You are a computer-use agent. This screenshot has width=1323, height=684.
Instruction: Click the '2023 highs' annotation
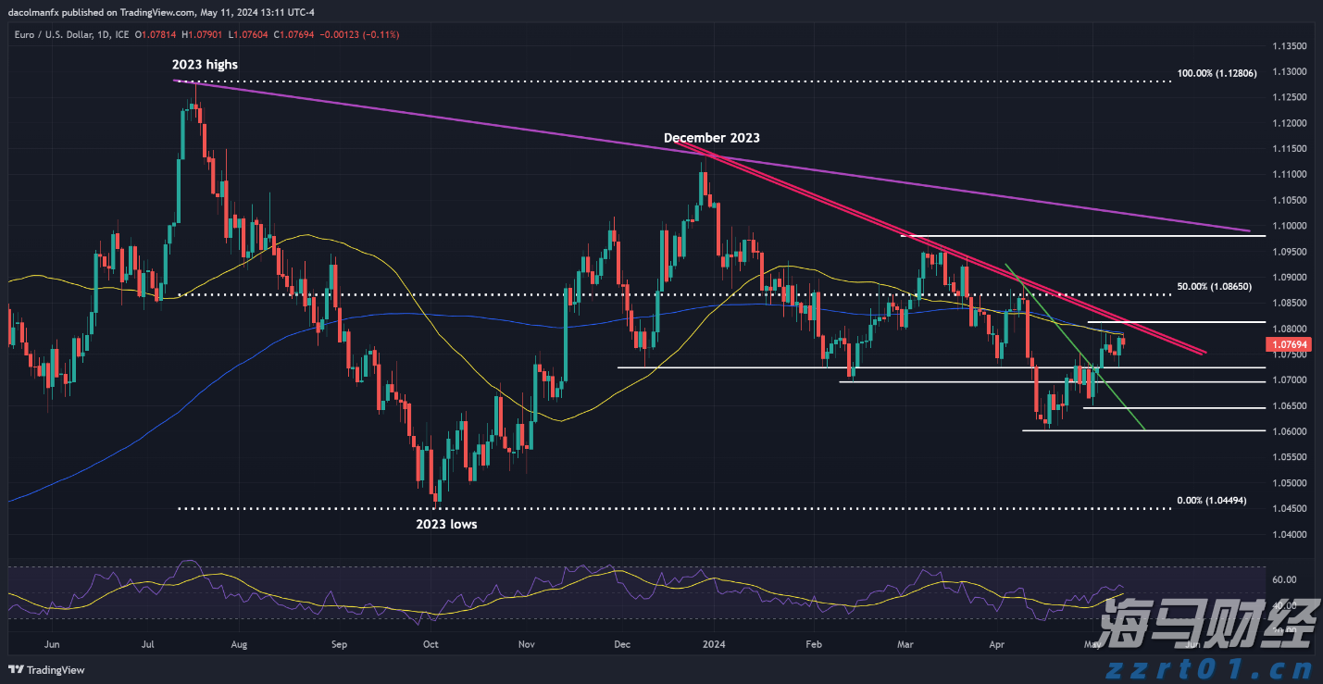click(x=205, y=65)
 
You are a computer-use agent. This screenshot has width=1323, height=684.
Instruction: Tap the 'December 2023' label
click(x=711, y=138)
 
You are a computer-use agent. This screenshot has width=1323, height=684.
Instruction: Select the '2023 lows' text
click(x=445, y=524)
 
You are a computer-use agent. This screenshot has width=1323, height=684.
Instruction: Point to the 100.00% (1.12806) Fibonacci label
click(x=1217, y=73)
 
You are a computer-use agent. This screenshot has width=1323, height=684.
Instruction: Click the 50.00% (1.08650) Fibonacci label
click(x=1214, y=287)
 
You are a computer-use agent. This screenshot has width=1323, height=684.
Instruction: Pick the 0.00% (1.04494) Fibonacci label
click(x=1212, y=501)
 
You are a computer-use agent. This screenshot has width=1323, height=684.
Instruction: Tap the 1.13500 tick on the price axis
click(x=1286, y=46)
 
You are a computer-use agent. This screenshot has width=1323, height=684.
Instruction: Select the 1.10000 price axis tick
click(x=1286, y=226)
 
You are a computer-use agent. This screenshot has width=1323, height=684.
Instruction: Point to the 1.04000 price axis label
click(x=1286, y=534)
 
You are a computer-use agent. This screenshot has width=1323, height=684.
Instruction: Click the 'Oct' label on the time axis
click(x=430, y=642)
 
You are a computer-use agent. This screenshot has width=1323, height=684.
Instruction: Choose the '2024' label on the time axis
click(x=713, y=642)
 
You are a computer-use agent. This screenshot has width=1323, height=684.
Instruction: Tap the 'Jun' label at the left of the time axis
click(x=52, y=642)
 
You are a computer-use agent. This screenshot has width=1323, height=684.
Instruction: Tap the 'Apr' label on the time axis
click(x=996, y=642)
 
